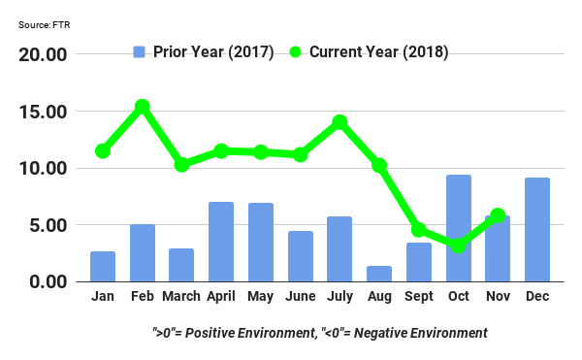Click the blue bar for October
coord(458,228)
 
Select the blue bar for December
coord(537,230)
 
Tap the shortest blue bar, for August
coord(379,274)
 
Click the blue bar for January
coord(103,267)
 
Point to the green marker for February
coord(143,107)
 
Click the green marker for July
coord(339,122)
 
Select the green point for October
coord(458,246)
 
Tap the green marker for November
coord(498,215)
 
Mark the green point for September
coord(419,230)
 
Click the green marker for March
coord(181,165)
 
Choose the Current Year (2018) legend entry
coord(369,51)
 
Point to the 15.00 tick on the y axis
coord(43,112)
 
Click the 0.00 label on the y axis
coord(47,282)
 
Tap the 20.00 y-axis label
coord(43,55)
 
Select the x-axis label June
coord(301,296)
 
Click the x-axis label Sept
coord(419,296)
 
